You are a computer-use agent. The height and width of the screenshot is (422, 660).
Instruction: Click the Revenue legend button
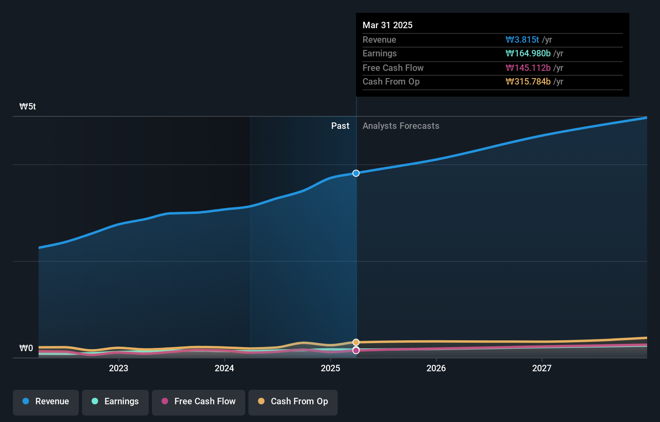46,401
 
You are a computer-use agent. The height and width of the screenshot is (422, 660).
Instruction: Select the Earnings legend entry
115,401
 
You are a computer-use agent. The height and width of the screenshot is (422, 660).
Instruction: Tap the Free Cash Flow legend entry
199,401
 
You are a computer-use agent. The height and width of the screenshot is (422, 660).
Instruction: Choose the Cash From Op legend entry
293,401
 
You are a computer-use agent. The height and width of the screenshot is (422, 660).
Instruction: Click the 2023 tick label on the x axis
119,368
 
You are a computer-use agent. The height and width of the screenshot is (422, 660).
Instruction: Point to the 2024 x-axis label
224,368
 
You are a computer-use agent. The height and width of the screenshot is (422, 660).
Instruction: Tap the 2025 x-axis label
330,368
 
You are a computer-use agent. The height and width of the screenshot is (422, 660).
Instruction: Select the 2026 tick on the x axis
436,368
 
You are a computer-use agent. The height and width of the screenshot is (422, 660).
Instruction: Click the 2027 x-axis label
542,368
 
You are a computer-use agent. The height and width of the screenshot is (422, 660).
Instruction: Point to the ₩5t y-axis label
28,107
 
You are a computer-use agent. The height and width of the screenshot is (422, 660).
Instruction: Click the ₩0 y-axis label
27,348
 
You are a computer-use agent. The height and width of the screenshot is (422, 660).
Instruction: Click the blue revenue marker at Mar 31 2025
356,173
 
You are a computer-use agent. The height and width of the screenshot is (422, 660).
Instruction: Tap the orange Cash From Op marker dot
356,342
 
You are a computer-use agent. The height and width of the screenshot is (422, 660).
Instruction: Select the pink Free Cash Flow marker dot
356,351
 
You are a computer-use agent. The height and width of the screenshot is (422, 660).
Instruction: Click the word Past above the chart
340,126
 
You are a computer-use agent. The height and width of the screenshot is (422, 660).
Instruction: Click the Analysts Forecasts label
401,126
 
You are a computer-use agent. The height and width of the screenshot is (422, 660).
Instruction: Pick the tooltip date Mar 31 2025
387,25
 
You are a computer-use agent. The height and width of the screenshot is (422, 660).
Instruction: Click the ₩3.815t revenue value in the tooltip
522,39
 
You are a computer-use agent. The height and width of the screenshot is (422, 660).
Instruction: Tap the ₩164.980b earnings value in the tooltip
528,54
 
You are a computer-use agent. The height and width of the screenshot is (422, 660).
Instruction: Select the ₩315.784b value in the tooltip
528,82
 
